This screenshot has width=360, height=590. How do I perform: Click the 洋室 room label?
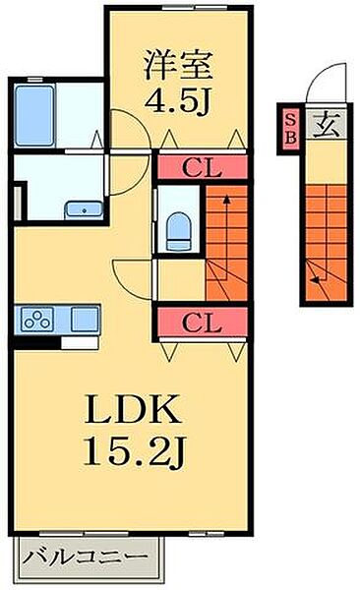(178, 65)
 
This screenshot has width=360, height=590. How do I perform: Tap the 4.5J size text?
(177, 100)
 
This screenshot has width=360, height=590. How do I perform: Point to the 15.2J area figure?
(135, 451)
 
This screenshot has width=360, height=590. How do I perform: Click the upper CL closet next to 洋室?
(203, 167)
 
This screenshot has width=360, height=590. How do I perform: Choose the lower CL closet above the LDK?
(203, 323)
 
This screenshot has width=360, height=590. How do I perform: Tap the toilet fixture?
(179, 231)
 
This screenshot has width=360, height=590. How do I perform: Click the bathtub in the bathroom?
(34, 115)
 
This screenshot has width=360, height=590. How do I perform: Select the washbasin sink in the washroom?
(84, 209)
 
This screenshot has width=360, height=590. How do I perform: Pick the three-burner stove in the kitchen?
(37, 319)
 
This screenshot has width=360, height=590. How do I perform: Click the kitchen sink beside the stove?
(86, 319)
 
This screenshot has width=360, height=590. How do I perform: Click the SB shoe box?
(290, 128)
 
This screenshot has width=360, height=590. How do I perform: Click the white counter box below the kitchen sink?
(80, 343)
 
